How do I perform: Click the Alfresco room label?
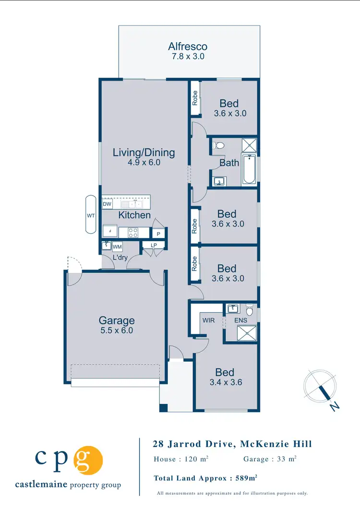point(188,47)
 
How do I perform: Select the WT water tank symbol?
point(91,215)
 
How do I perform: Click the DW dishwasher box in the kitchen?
point(107,204)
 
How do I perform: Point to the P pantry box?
point(158,233)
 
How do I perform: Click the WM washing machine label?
point(117,247)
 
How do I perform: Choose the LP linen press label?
point(154,246)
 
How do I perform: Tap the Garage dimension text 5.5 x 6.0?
point(116,331)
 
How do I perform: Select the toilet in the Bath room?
point(218,145)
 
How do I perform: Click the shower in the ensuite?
point(249,331)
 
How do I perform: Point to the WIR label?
point(209,320)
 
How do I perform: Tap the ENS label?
point(240,320)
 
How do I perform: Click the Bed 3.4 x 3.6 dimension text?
point(225,382)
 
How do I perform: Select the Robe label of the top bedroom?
point(195,98)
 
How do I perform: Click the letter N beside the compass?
point(335,406)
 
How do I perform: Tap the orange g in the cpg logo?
point(88,459)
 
